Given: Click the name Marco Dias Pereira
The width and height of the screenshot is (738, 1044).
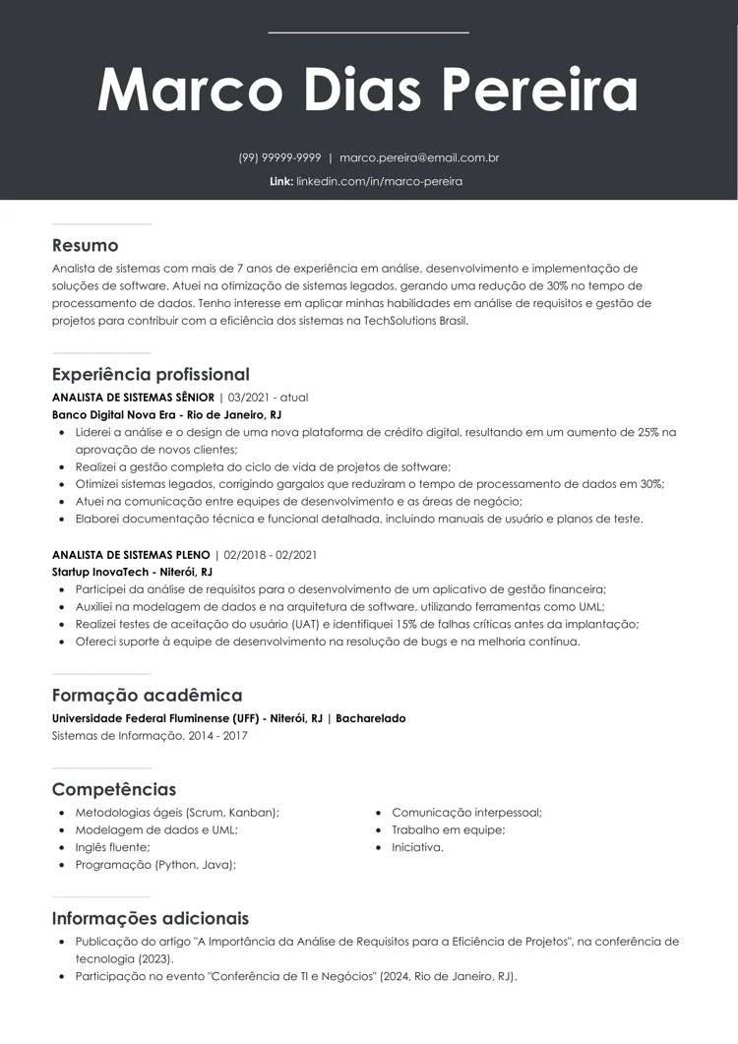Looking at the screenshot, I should click(x=368, y=91).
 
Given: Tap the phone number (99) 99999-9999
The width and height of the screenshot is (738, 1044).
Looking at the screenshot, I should click(x=279, y=157).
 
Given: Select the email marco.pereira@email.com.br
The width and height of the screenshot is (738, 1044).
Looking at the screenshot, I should click(x=419, y=157).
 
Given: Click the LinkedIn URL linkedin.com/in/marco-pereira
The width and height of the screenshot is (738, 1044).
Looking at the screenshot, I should click(x=379, y=181).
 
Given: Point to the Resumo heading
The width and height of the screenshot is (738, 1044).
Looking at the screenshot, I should click(x=85, y=245).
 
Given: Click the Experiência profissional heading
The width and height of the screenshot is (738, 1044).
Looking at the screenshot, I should click(x=151, y=374).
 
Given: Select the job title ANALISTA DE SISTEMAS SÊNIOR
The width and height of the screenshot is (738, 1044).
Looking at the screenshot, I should click(x=133, y=398).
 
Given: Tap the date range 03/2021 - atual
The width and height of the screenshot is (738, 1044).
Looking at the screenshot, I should click(x=268, y=398).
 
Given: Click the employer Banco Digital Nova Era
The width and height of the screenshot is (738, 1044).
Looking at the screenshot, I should click(x=112, y=415).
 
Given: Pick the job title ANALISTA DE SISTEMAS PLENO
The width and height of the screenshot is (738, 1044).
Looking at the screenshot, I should click(x=131, y=555).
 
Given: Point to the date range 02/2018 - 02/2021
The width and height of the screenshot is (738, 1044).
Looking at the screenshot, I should click(x=271, y=555).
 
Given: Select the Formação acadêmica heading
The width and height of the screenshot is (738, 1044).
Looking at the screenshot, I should click(x=147, y=695).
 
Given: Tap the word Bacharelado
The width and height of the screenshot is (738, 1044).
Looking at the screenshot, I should click(x=371, y=718).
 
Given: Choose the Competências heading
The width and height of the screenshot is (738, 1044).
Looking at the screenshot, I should click(x=114, y=789).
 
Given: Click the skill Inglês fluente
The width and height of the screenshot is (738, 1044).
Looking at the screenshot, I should click(x=112, y=847).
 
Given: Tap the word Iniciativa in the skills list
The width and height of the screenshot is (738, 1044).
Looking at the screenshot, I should click(x=417, y=847).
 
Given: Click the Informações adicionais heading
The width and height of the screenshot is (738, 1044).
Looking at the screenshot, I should click(x=151, y=918).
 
